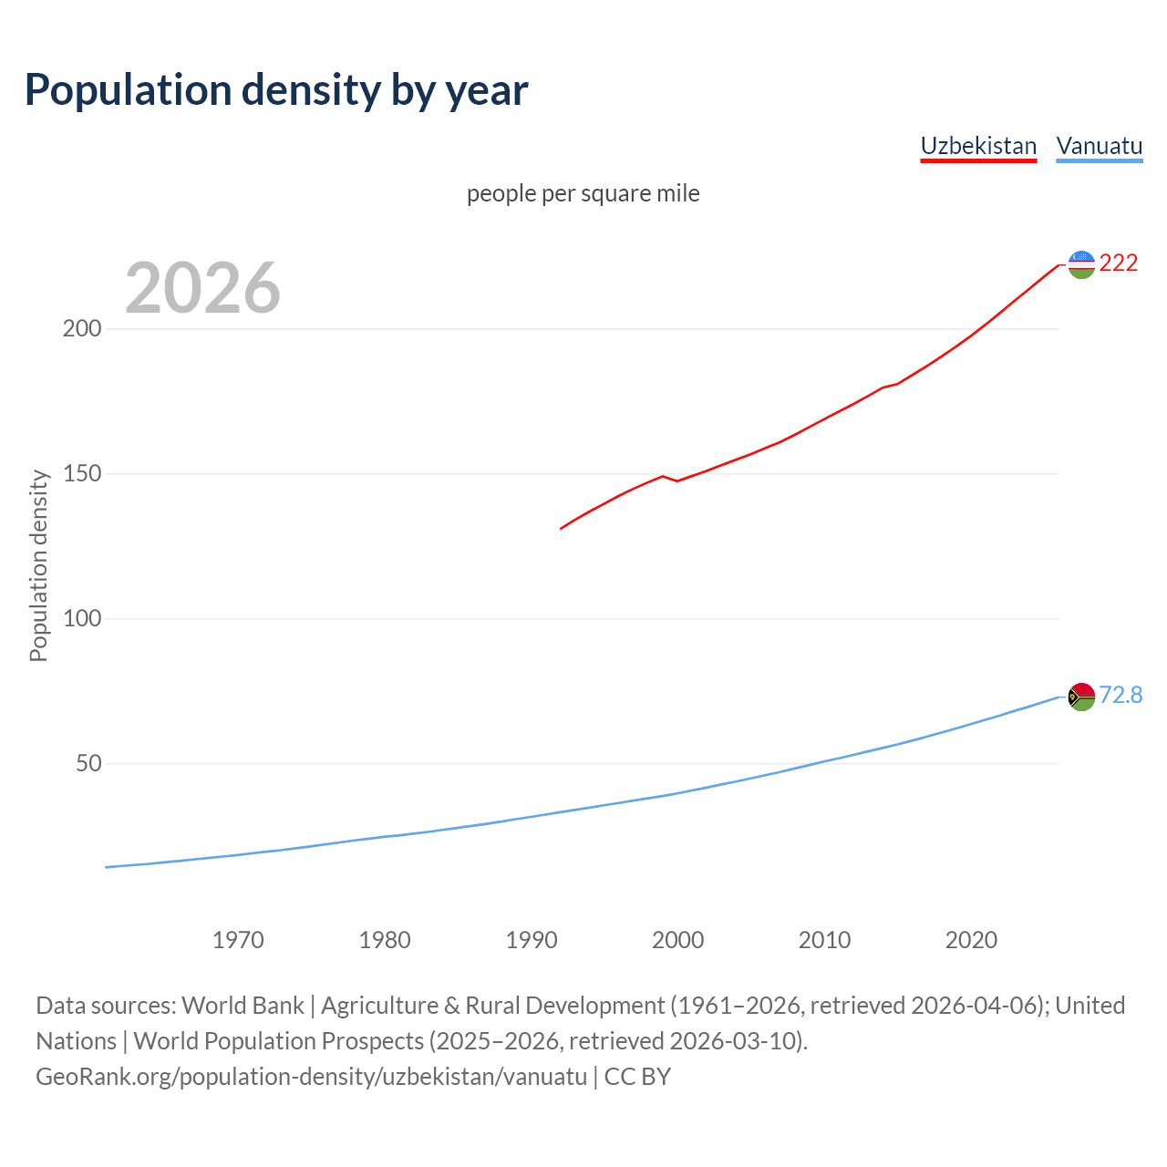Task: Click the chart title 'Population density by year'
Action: (276, 90)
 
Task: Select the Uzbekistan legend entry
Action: (978, 146)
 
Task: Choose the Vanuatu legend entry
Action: (1099, 146)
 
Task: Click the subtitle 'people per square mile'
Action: (583, 194)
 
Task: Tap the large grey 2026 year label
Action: (202, 288)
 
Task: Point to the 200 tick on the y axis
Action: (81, 329)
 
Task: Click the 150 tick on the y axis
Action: (81, 474)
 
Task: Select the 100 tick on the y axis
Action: (81, 619)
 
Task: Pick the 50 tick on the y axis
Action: (88, 764)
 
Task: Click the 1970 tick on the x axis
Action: (238, 940)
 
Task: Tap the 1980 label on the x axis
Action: (385, 940)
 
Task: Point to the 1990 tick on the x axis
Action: (532, 940)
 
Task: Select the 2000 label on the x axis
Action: (678, 940)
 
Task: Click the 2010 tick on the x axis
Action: (825, 940)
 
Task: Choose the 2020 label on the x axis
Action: (972, 940)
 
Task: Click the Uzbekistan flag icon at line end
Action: (1081, 264)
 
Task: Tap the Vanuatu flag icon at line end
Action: (1081, 697)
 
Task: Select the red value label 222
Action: (1119, 263)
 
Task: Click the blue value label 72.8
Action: (1121, 696)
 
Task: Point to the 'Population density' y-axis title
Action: (38, 565)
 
